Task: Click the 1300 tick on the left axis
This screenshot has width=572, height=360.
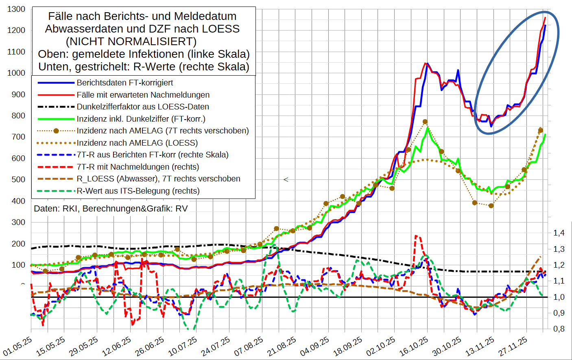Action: pyautogui.click(x=16, y=9)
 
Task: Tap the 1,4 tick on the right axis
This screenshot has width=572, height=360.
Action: pyautogui.click(x=559, y=233)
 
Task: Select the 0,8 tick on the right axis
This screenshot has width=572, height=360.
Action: pyautogui.click(x=559, y=329)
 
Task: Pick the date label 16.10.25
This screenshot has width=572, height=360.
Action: pyautogui.click(x=414, y=346)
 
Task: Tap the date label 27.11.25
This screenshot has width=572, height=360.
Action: pyautogui.click(x=513, y=346)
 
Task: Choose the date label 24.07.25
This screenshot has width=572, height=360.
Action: pyautogui.click(x=216, y=346)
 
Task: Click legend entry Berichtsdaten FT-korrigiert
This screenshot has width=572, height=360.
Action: pyautogui.click(x=125, y=83)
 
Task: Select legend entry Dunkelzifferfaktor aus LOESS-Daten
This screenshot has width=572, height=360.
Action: pyautogui.click(x=143, y=107)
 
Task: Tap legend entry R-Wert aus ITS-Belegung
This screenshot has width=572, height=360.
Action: pyautogui.click(x=138, y=191)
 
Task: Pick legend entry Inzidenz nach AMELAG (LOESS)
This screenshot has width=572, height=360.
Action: pyautogui.click(x=137, y=143)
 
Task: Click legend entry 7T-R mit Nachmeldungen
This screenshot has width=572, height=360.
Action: pyautogui.click(x=138, y=167)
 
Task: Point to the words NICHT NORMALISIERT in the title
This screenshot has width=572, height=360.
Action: pyautogui.click(x=131, y=41)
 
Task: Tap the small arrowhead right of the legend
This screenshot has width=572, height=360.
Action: pyautogui.click(x=286, y=179)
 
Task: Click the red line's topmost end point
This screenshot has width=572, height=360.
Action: pyautogui.click(x=545, y=17)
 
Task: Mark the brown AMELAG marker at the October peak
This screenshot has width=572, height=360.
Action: pyautogui.click(x=425, y=122)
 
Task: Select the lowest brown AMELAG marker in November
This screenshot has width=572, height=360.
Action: pyautogui.click(x=491, y=206)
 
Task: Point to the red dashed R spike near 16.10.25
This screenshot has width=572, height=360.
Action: pyautogui.click(x=416, y=236)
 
